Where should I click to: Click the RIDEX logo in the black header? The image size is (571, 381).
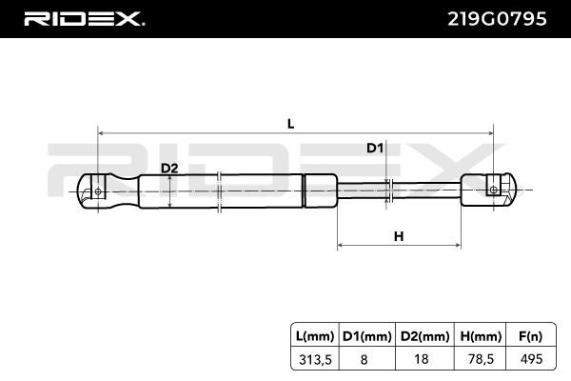[84, 19]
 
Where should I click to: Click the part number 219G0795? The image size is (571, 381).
[497, 19]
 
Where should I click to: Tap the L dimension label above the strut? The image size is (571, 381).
[290, 124]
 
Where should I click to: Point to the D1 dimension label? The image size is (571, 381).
[375, 148]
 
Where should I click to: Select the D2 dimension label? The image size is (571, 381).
[169, 169]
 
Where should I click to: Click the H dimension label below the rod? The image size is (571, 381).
[399, 236]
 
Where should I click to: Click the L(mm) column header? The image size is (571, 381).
[315, 336]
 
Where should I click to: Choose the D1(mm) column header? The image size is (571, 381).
[367, 336]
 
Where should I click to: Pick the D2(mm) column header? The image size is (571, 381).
[424, 336]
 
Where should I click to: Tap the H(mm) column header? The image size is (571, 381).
[481, 336]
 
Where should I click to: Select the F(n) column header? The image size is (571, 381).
[531, 336]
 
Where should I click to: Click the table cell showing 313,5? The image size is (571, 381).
[315, 359]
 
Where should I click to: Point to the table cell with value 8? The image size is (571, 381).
[364, 359]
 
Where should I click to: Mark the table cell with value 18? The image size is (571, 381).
[422, 359]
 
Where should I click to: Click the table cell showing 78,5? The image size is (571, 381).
[481, 359]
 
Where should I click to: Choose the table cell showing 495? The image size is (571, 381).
[532, 359]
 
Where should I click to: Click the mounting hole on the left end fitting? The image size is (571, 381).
[98, 191]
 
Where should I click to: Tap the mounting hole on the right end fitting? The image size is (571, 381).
[493, 190]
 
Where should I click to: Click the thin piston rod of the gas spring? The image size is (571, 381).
[399, 190]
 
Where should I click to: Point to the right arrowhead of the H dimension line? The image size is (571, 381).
[458, 246]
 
